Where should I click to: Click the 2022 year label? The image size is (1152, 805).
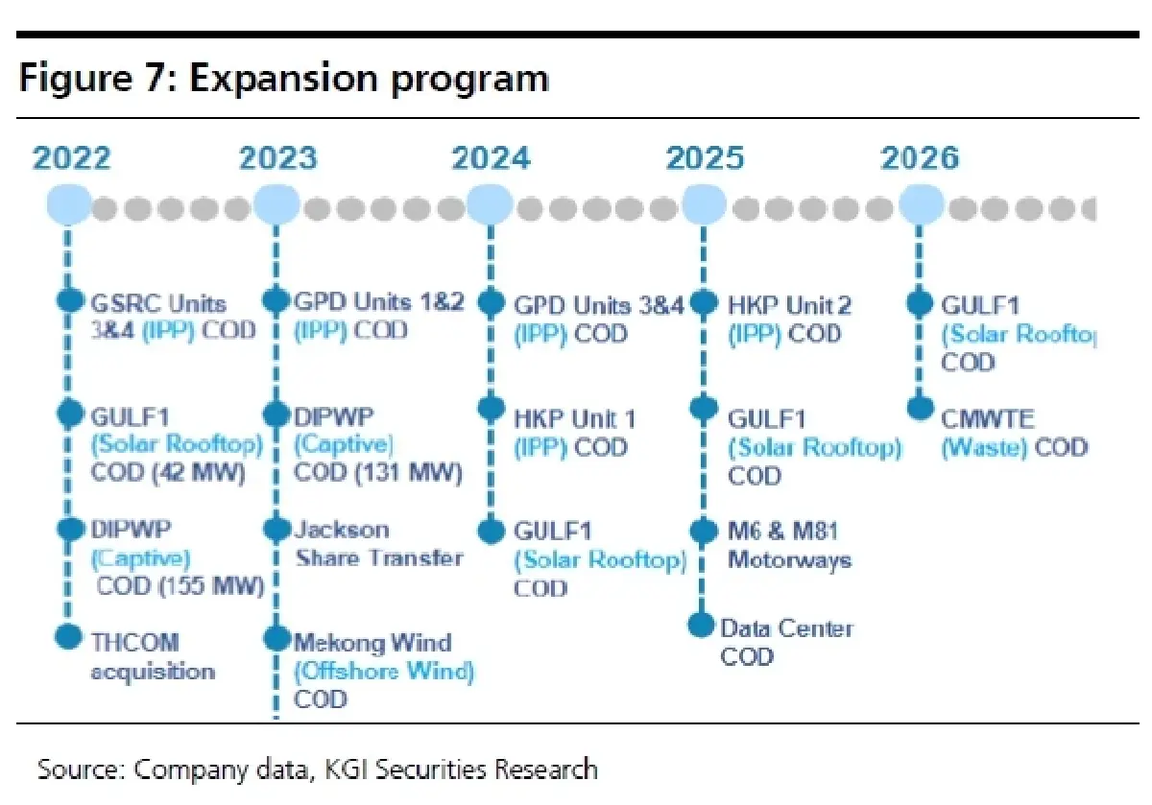click(71, 158)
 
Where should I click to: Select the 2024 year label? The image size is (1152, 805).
click(491, 158)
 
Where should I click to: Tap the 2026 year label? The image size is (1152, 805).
click(920, 158)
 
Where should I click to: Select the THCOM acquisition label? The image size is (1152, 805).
click(153, 656)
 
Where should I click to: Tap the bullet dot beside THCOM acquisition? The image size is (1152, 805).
click(68, 635)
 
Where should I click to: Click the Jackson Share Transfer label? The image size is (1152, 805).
click(378, 543)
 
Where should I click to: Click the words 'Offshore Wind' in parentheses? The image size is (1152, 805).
click(384, 671)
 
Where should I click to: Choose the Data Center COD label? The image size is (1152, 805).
click(785, 642)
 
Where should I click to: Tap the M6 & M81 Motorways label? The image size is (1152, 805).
click(789, 544)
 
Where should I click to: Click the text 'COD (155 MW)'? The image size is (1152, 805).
click(179, 585)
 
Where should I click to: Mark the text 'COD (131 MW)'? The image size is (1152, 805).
click(377, 472)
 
